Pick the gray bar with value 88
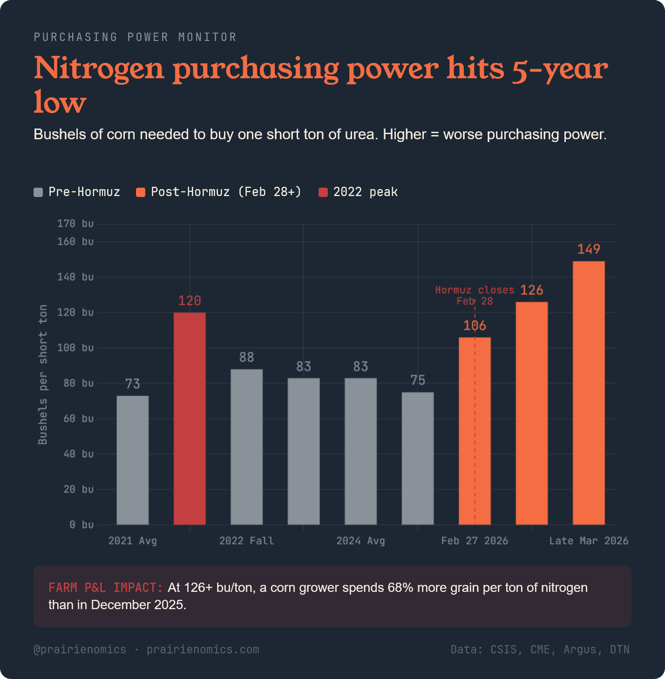(247, 447)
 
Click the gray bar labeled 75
(418, 458)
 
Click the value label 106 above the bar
(475, 326)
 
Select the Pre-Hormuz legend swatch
(38, 192)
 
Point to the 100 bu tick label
(75, 348)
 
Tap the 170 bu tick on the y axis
(75, 224)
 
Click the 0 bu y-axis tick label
(81, 525)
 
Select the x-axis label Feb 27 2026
(475, 541)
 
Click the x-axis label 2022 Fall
(247, 541)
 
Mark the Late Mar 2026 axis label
(589, 541)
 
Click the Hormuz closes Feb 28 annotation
(475, 295)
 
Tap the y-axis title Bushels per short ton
(43, 374)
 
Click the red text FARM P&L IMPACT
(105, 588)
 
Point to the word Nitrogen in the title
(99, 68)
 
